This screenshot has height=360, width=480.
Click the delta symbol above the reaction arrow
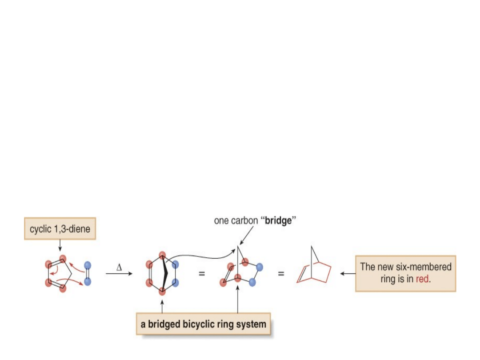(x=119, y=268)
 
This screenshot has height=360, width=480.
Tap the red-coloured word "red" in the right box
(x=423, y=280)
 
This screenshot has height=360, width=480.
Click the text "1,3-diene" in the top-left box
(x=76, y=229)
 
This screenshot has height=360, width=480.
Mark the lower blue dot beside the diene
(x=88, y=282)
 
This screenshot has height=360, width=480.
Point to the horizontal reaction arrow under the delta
(x=119, y=274)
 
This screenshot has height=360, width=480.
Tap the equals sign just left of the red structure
(x=280, y=274)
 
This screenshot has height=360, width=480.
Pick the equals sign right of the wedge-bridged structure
(x=201, y=274)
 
